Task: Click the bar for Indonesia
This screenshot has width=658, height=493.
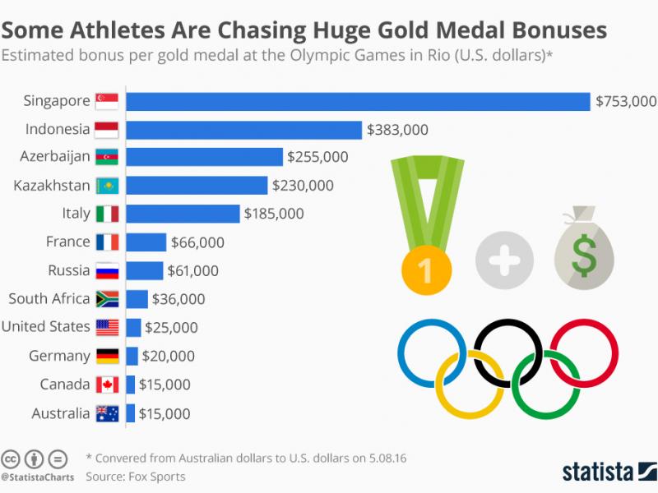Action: point(244,130)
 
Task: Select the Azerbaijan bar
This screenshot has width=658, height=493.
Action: point(205,157)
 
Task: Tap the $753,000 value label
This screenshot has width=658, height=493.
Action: point(626,101)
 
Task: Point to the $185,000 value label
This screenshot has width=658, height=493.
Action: point(274,214)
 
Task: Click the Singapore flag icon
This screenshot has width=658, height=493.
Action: point(108,101)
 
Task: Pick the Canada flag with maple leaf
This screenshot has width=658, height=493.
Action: point(108,385)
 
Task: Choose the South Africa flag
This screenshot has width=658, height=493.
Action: point(108,299)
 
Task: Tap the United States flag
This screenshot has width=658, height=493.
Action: point(108,327)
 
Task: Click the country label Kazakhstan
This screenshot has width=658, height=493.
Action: point(51,185)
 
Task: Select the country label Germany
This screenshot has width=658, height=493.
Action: point(59,356)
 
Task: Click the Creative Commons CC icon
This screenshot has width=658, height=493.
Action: point(12,458)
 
